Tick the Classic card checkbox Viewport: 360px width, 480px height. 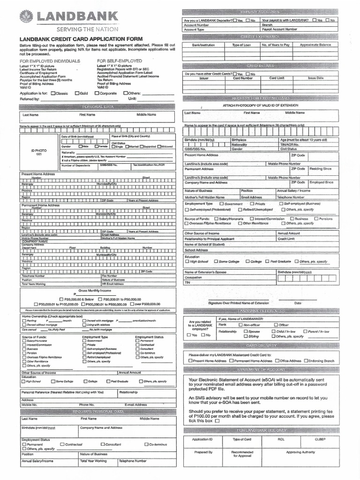52,93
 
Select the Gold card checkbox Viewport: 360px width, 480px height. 77,93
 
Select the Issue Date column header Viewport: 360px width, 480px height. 315,78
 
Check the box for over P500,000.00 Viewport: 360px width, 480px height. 132,304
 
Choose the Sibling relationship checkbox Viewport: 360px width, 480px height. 245,336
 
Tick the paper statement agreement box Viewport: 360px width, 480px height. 217,421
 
